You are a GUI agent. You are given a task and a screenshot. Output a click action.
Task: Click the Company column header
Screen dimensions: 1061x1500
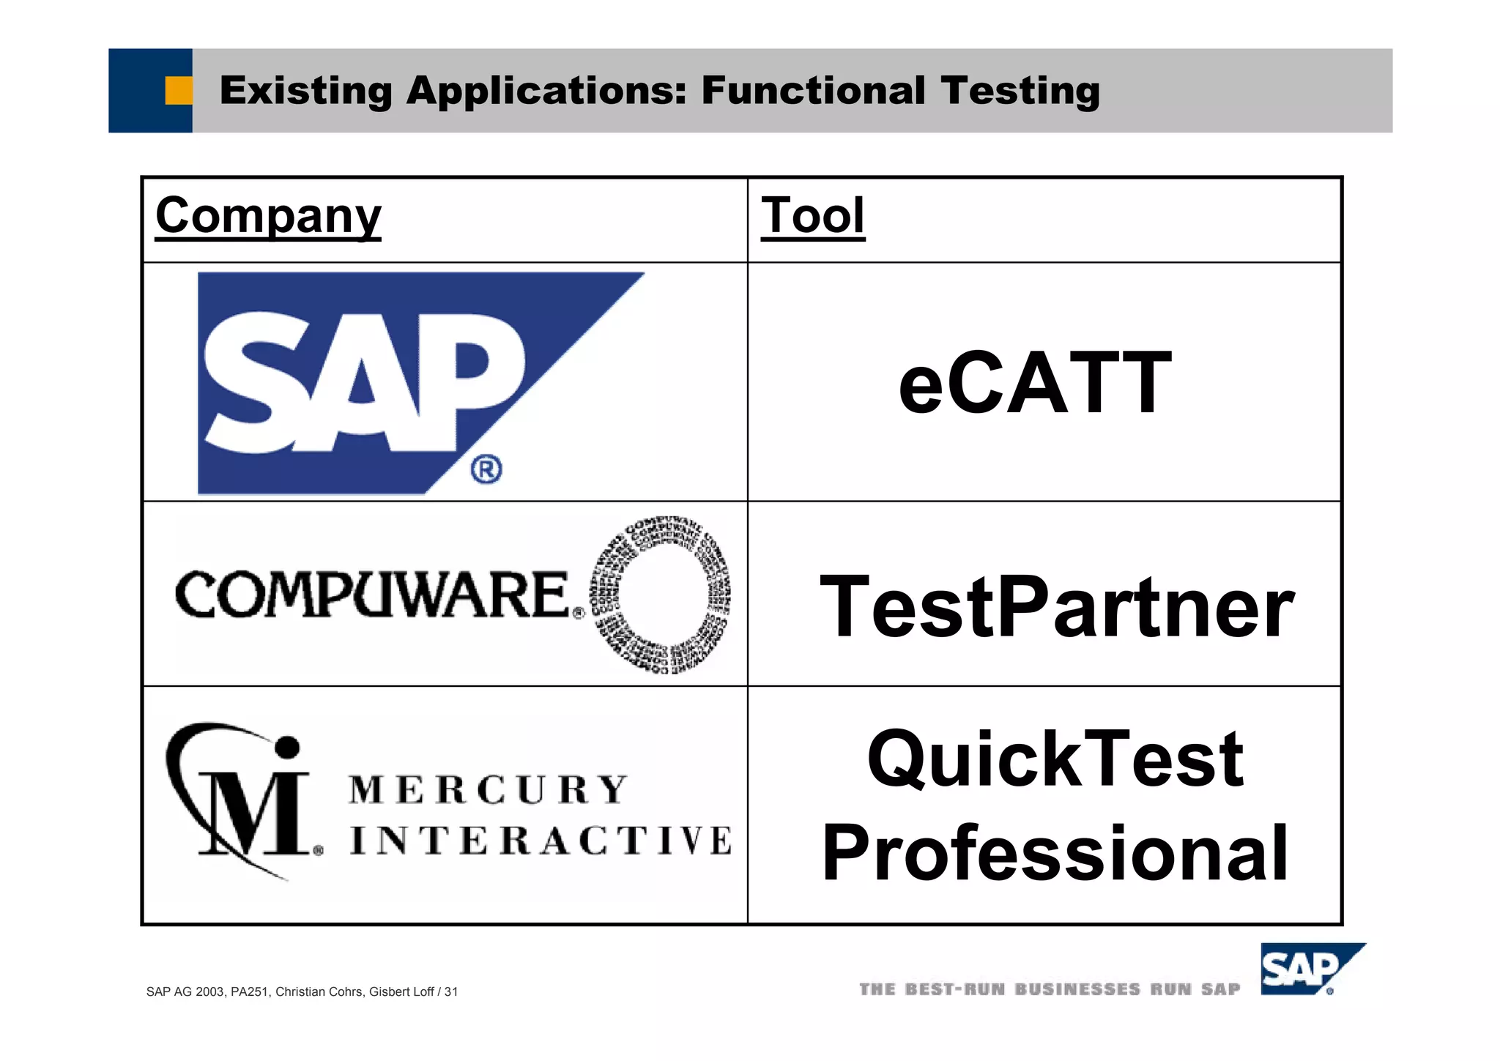(x=268, y=215)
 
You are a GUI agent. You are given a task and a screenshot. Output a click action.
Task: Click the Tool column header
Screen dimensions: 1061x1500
(x=813, y=215)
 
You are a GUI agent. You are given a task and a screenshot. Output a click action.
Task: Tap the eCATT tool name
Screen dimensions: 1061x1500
(x=1035, y=382)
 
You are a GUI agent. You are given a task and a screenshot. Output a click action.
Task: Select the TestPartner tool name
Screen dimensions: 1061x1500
(x=1057, y=607)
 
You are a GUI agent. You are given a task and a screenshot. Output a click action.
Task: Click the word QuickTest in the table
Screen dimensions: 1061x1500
(x=1055, y=759)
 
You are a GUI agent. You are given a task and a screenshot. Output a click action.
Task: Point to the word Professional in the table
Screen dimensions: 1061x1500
(x=1055, y=853)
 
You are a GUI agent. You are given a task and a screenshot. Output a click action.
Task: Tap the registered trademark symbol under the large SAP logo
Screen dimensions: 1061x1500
(x=486, y=469)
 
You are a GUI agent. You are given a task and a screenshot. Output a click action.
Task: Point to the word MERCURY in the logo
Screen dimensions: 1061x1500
(x=488, y=790)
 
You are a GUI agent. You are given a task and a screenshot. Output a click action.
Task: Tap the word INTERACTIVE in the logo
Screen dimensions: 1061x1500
(x=541, y=840)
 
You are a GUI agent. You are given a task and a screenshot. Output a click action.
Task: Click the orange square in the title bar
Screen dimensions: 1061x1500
(x=178, y=91)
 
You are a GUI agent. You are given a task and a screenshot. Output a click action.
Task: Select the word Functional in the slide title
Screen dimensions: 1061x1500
(x=814, y=91)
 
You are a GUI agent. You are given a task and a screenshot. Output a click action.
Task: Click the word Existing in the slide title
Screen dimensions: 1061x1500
(x=306, y=91)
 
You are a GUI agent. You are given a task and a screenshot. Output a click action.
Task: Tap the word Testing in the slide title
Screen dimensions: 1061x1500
(x=1020, y=91)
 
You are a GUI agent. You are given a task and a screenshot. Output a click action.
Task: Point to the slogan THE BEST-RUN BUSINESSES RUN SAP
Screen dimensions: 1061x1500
(x=1050, y=990)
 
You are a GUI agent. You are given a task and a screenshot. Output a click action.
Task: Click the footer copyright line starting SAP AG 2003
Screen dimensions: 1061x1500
(x=302, y=991)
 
